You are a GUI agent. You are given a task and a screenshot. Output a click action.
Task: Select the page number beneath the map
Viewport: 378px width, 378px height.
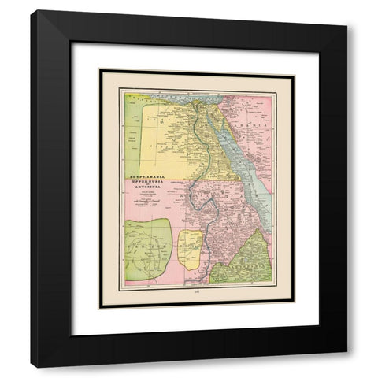[195, 292]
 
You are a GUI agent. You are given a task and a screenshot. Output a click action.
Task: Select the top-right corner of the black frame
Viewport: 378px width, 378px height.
[346, 12]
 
